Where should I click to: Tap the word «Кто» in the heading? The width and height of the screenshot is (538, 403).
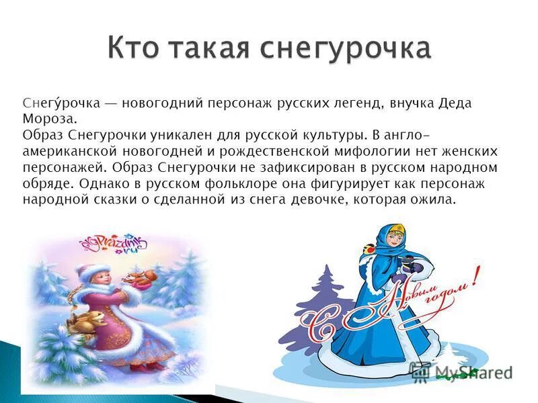(134, 48)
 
